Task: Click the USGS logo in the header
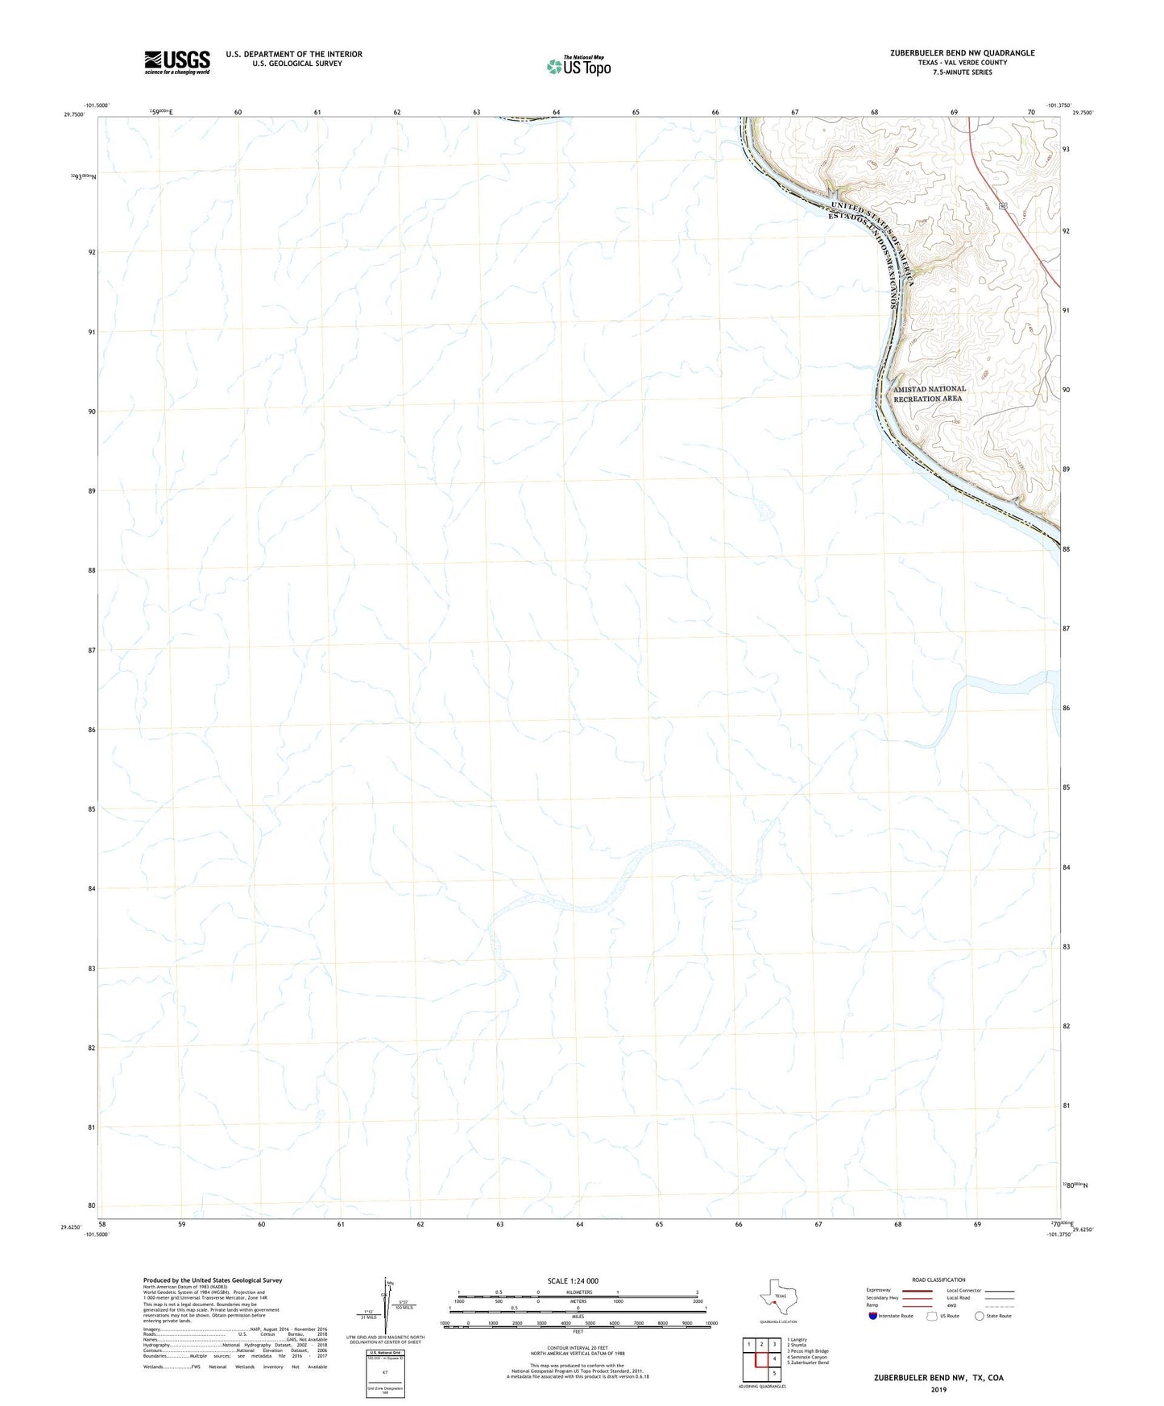tap(177, 62)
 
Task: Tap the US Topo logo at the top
tap(578, 66)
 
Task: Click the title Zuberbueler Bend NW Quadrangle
tap(962, 53)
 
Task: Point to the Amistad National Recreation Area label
tap(929, 394)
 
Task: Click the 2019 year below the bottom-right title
tap(938, 1390)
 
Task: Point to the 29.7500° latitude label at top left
tap(73, 114)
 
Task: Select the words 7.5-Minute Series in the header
tap(962, 72)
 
